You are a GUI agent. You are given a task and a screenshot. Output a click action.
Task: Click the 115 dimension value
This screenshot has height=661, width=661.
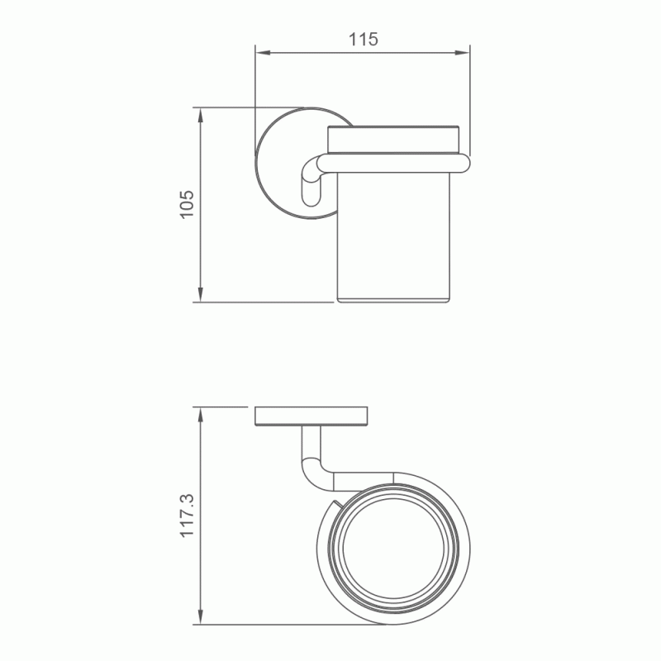point(363,39)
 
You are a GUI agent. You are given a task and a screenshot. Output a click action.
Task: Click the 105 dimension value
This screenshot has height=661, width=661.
point(188,204)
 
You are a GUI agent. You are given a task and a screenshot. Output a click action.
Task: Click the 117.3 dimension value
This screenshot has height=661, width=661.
point(188,515)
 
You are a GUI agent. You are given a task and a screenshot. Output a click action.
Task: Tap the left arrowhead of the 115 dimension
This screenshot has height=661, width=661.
point(262,53)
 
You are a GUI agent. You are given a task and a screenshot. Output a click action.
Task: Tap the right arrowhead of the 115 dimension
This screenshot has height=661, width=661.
point(463,53)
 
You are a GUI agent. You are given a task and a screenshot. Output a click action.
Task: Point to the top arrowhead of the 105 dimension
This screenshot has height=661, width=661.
point(201,115)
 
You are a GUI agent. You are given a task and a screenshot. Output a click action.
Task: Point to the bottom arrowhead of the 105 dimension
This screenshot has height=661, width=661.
point(201,295)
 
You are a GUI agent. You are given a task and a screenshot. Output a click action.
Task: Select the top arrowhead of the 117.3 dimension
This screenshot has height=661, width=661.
point(201,415)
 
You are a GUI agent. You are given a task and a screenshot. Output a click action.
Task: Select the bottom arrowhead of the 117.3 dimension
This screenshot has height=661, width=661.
point(201,617)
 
